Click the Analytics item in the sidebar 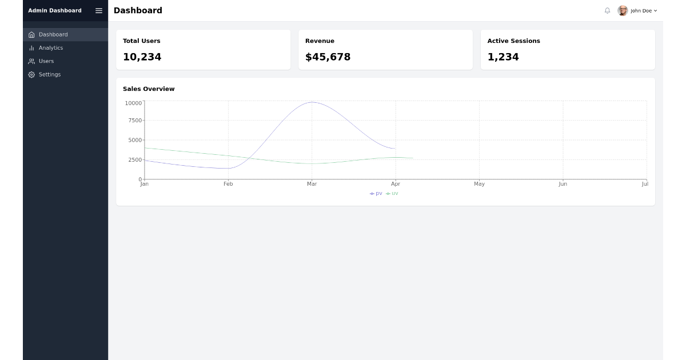pos(50,48)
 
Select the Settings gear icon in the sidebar pos(31,75)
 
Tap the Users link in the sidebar pos(46,61)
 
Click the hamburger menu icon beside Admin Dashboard pos(99,11)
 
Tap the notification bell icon pos(607,11)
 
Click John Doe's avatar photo pos(623,11)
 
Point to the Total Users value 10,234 pos(142,57)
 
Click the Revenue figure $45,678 pos(328,57)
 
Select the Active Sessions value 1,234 pos(503,57)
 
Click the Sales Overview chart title pos(149,89)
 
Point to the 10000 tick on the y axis pos(133,103)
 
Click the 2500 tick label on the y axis pos(135,160)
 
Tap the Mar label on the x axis pos(312,184)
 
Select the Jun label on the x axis pos(563,184)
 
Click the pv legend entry pos(376,194)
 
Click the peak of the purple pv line pos(312,102)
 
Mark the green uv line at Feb pos(228,155)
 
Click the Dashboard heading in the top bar pos(138,11)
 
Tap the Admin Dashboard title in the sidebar pos(55,11)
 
